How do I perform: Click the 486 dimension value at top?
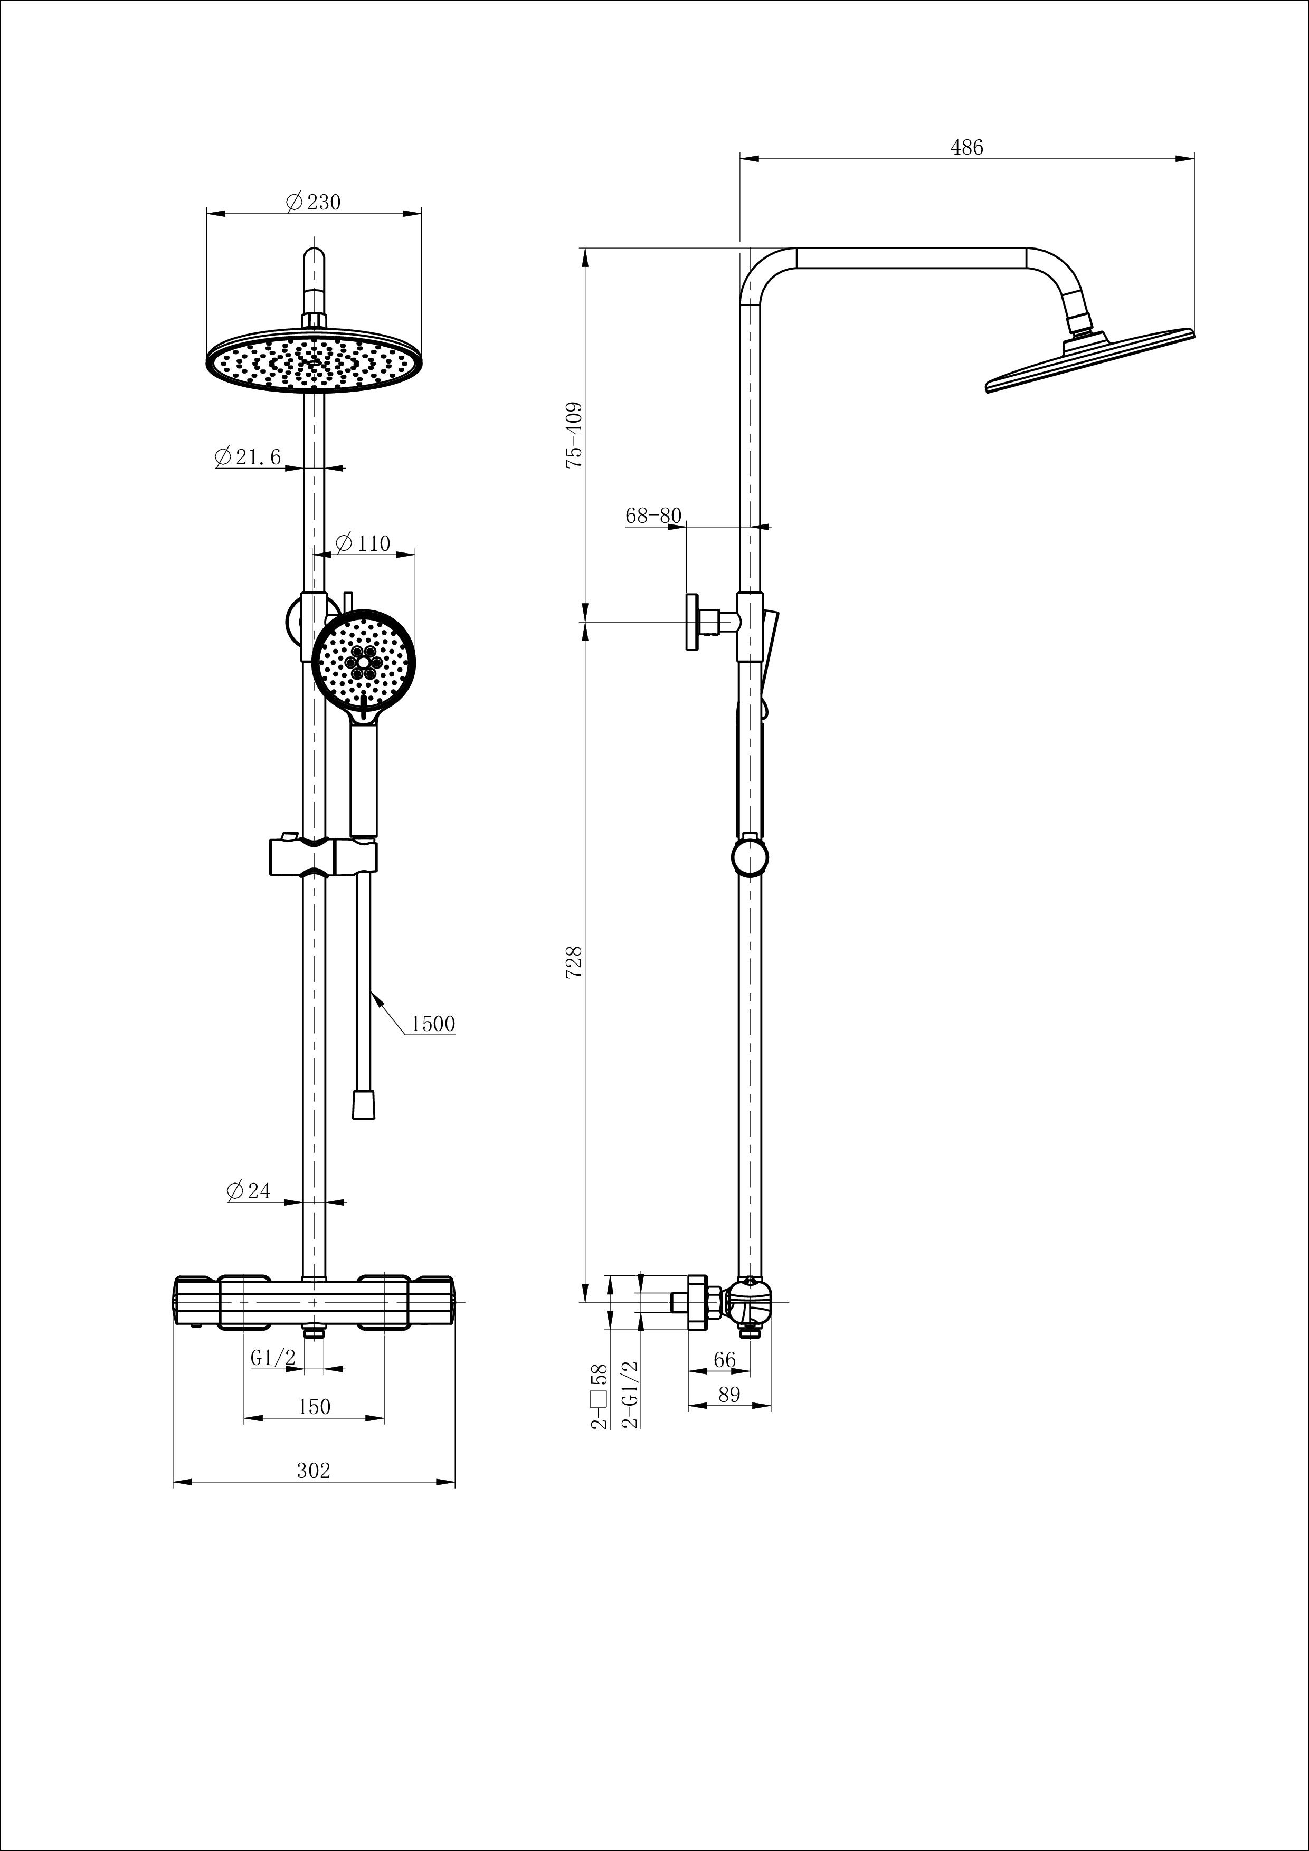tap(966, 148)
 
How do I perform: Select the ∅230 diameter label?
tap(314, 202)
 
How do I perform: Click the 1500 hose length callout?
tap(433, 1024)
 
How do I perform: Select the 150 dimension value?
tap(314, 1407)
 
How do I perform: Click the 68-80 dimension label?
tap(653, 515)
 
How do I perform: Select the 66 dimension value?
tap(724, 1360)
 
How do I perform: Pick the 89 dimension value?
tap(728, 1395)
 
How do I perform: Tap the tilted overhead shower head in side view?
tap(1089, 360)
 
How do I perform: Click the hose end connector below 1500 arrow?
tap(364, 1104)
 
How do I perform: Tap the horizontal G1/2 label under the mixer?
tap(272, 1358)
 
